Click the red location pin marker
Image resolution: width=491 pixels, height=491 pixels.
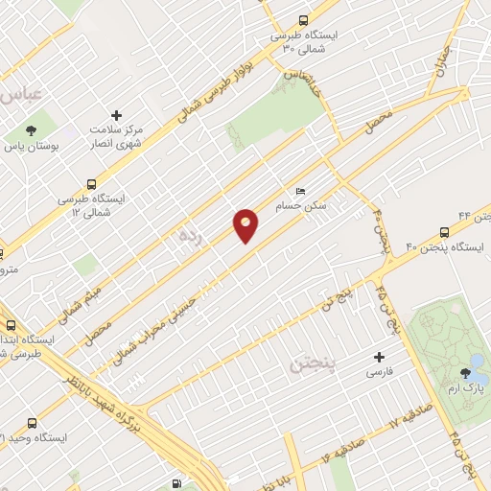(x=246, y=225)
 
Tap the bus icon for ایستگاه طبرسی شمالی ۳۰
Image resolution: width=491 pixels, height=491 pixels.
(x=304, y=19)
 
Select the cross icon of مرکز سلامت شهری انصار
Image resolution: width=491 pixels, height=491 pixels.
(x=117, y=114)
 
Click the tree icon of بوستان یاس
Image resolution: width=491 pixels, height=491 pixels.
(x=32, y=130)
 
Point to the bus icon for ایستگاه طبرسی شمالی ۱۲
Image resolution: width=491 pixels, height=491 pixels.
(x=91, y=183)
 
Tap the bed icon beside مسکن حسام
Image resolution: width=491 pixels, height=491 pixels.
(x=301, y=191)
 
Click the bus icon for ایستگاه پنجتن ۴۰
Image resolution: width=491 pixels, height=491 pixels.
(x=443, y=233)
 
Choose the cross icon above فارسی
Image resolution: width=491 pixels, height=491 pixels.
(x=380, y=357)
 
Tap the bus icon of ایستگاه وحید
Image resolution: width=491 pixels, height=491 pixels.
(x=33, y=423)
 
